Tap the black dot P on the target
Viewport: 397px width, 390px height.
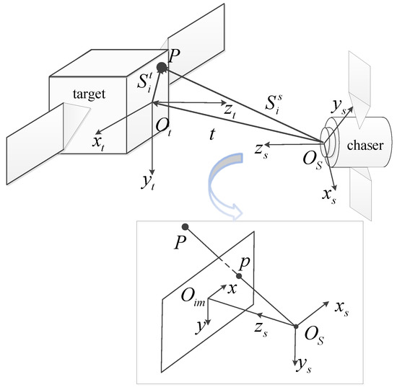point(162,67)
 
